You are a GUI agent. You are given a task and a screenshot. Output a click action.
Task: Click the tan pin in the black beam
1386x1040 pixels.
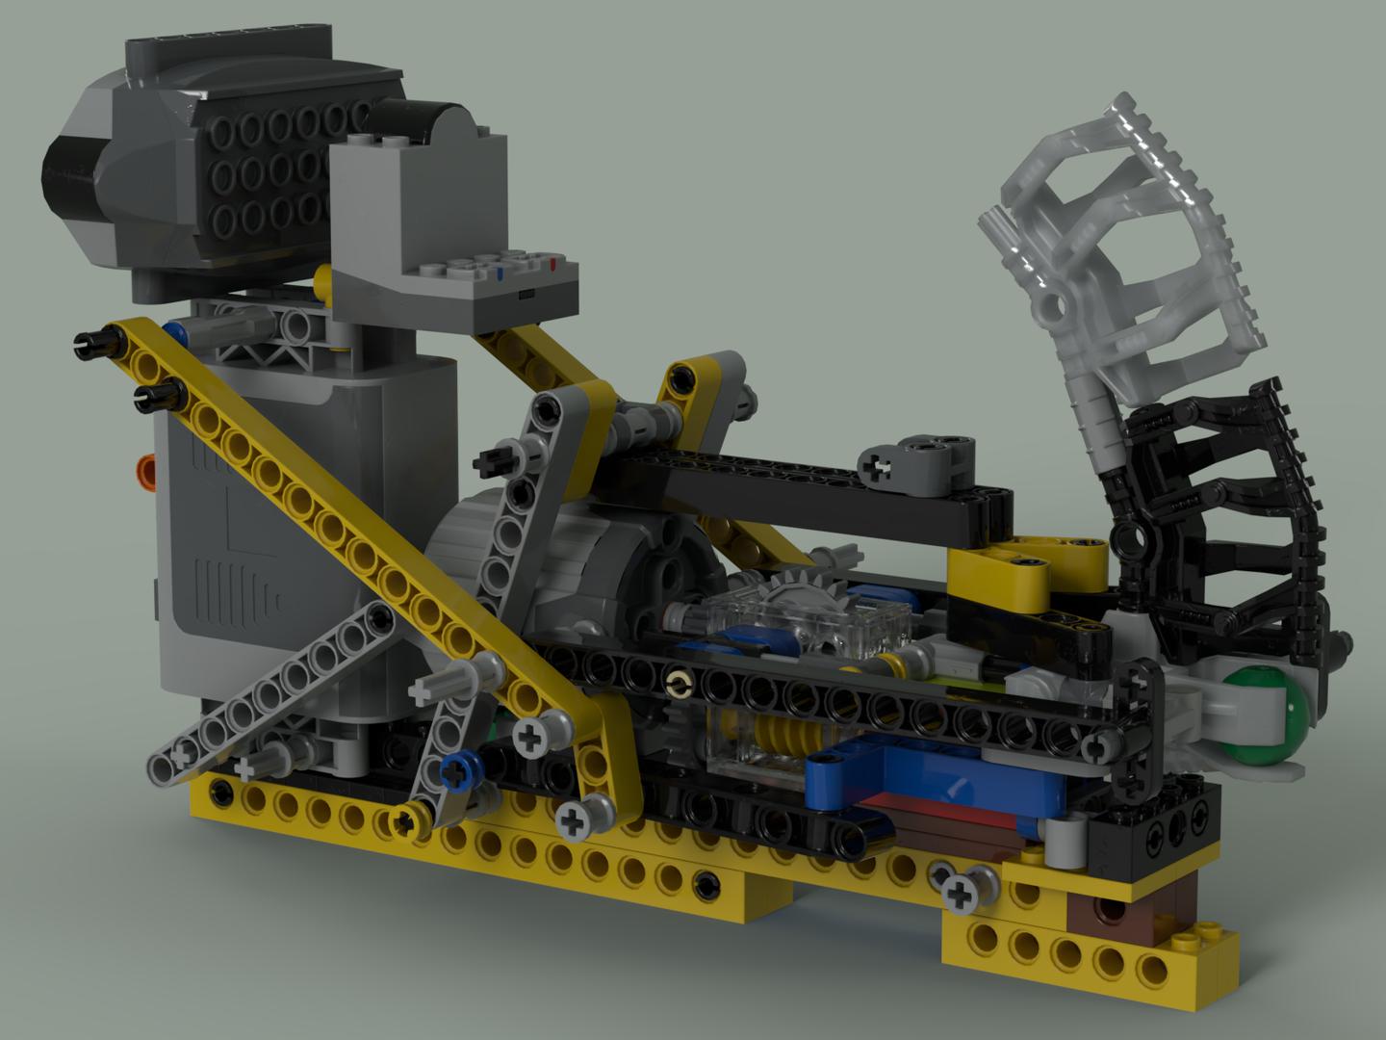tap(680, 685)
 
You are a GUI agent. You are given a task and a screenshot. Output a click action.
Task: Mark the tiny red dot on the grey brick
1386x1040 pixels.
tap(552, 262)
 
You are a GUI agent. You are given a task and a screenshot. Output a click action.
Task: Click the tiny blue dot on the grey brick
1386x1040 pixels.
tap(501, 272)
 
